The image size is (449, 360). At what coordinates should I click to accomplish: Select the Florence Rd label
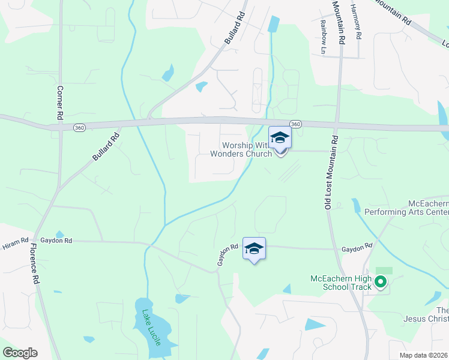point(34,263)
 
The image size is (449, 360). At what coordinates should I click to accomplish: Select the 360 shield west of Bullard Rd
point(79,128)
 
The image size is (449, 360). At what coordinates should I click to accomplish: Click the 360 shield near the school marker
point(296,124)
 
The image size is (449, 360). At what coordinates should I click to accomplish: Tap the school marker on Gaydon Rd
point(254,248)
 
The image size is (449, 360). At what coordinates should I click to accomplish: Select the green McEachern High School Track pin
point(380,281)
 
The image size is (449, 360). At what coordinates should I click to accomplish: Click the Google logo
point(20,352)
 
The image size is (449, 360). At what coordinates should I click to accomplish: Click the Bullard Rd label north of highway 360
point(235,28)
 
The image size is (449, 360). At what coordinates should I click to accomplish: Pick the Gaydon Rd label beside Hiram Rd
point(60,241)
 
